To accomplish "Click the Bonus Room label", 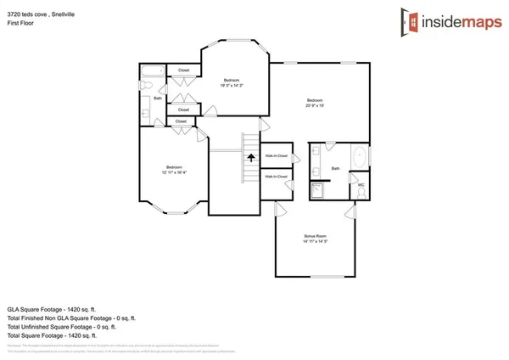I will (x=316, y=235).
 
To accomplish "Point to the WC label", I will (x=361, y=184).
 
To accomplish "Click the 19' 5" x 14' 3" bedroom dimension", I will (x=232, y=86).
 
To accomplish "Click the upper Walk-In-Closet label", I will (x=276, y=156).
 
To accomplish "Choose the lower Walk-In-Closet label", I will (x=276, y=177).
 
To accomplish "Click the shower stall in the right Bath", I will (x=318, y=189).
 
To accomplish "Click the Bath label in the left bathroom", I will (x=158, y=98).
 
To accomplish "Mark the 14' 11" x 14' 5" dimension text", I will (x=316, y=242).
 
